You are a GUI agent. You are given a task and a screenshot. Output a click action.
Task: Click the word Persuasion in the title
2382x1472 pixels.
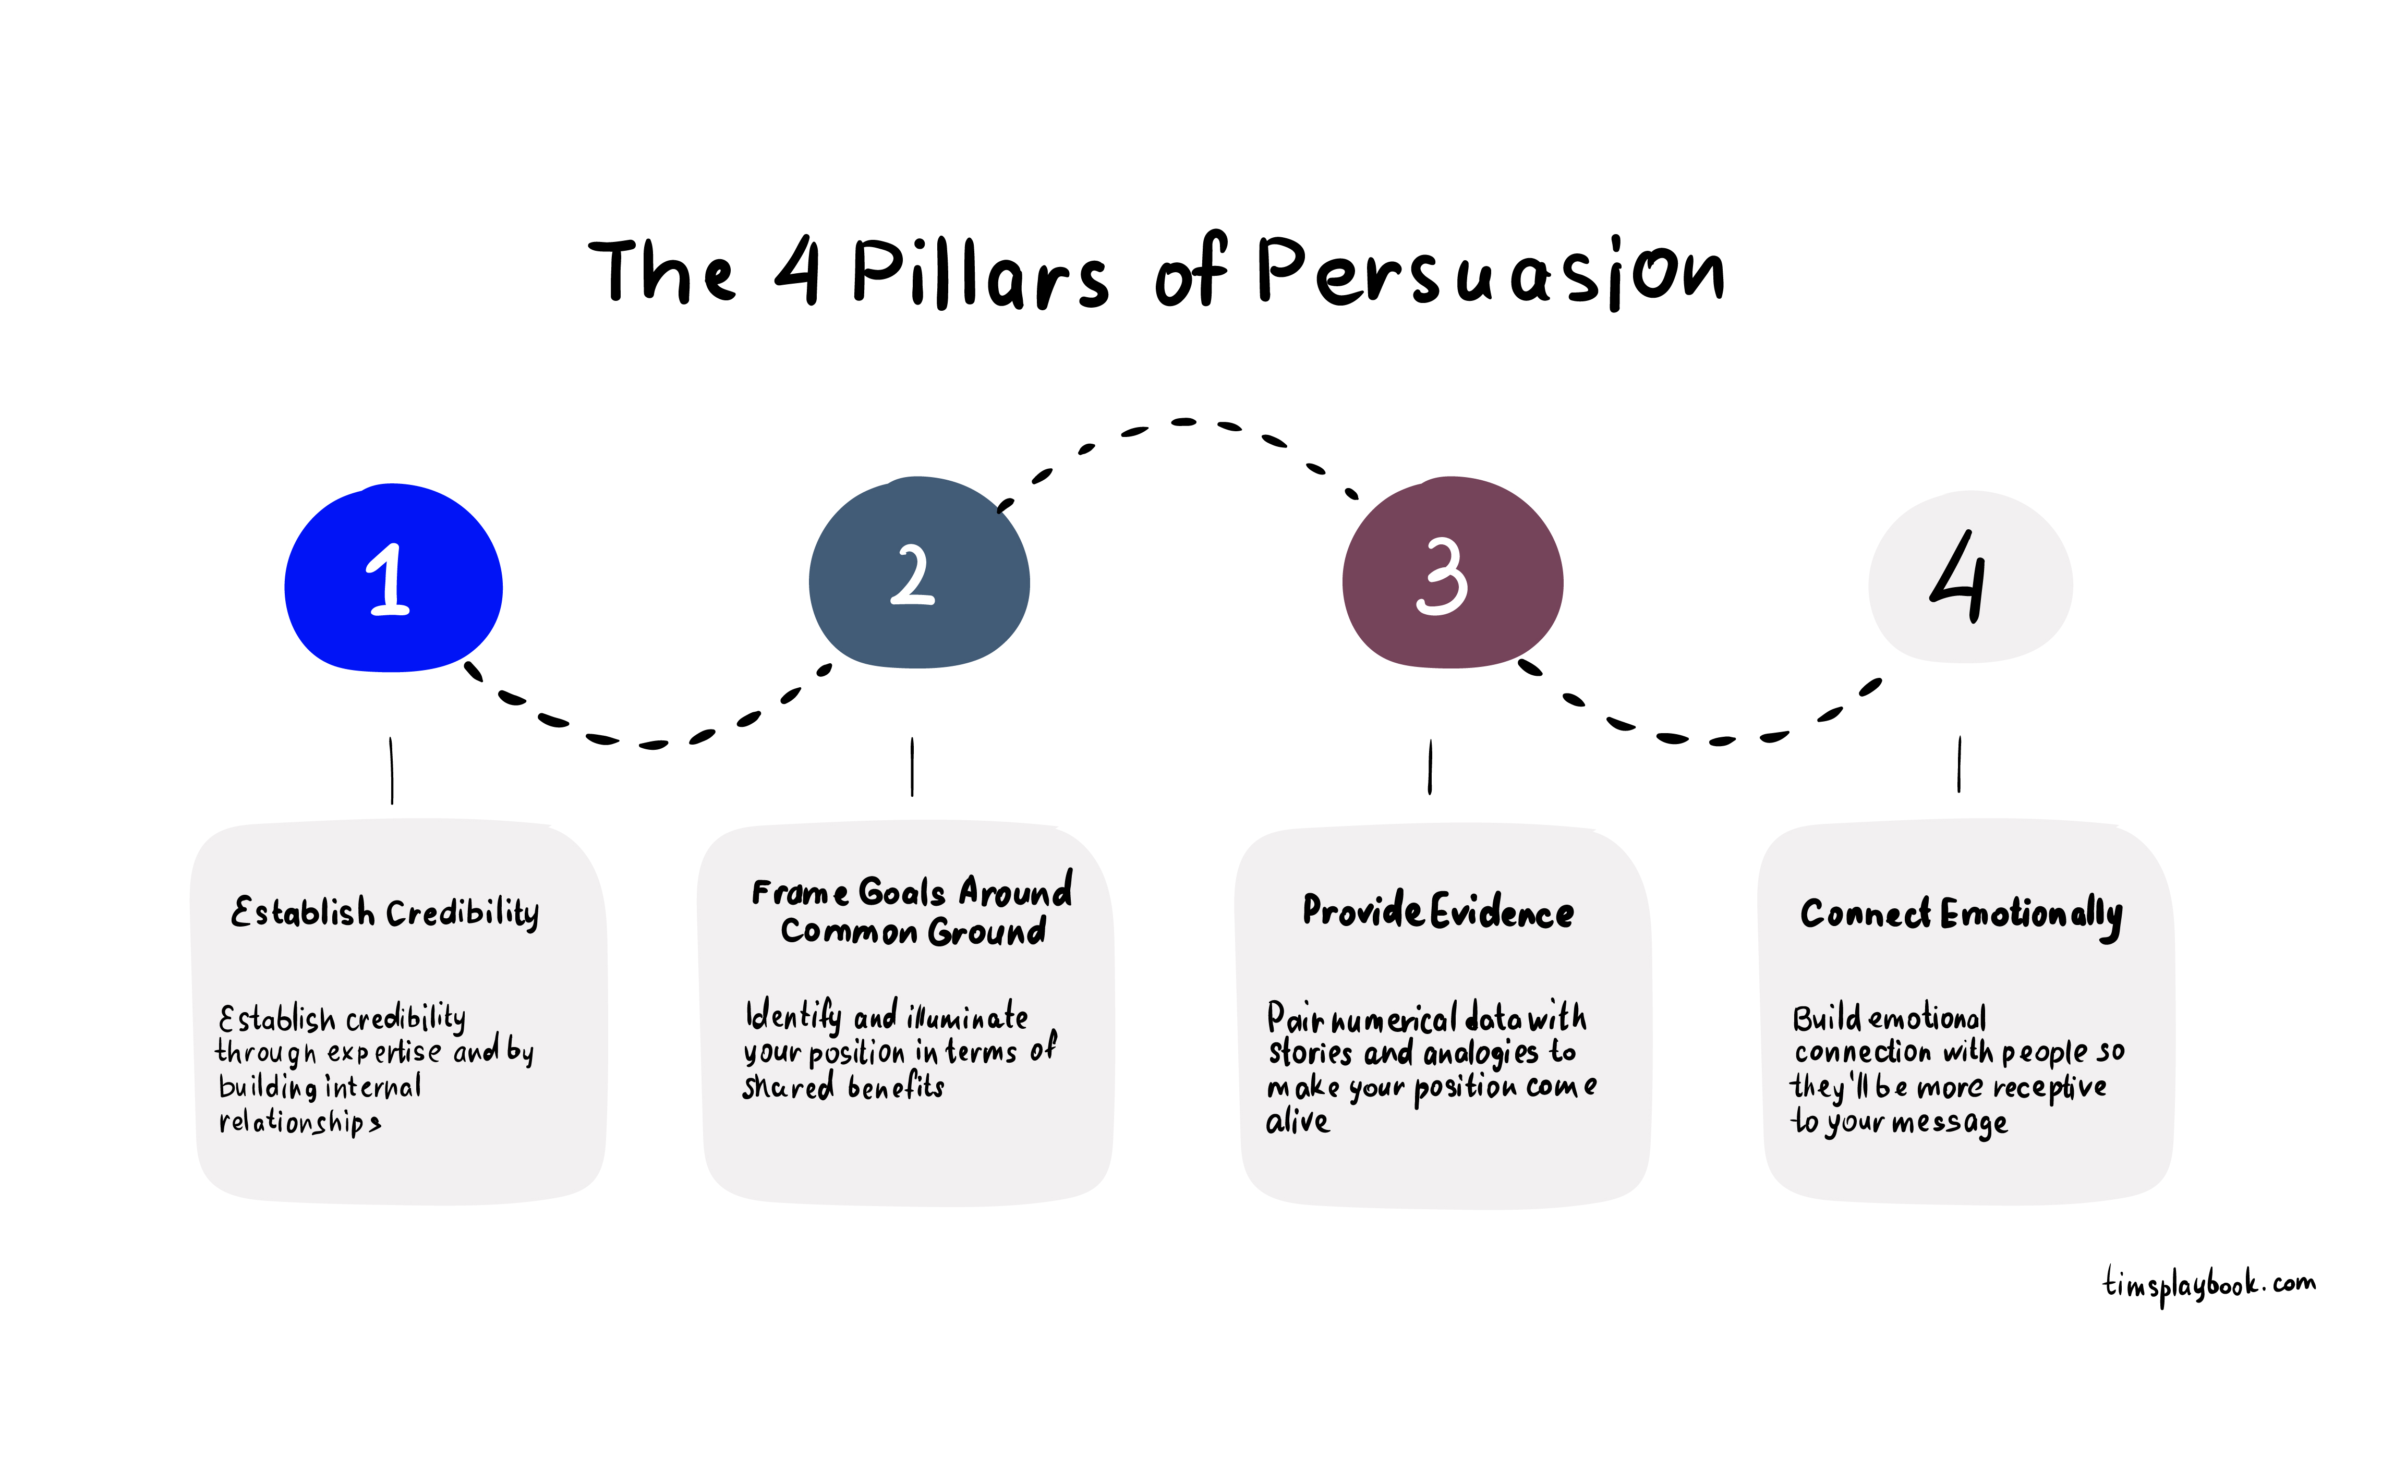coord(1490,273)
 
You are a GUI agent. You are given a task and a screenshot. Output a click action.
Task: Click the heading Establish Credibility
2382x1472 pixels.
coord(385,912)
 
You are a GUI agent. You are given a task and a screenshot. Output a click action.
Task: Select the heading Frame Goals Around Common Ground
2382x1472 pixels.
coord(913,911)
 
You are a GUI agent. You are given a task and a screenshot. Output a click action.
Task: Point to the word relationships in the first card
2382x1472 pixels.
coord(299,1123)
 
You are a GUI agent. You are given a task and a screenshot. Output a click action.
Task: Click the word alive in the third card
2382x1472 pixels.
coord(1297,1122)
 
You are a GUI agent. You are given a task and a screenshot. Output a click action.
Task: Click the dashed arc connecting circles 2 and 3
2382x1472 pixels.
coord(1183,422)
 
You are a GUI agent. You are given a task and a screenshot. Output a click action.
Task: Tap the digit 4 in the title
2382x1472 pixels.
coord(799,271)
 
